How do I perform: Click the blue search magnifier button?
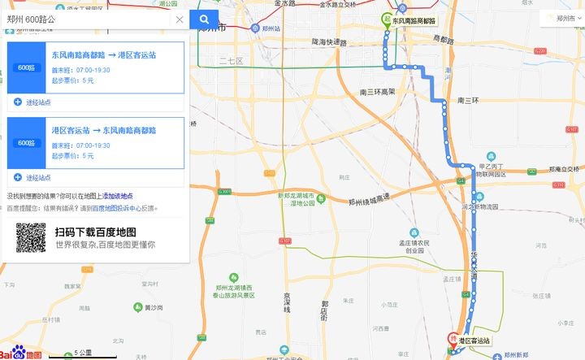[x=204, y=20]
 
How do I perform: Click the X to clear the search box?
[x=180, y=20]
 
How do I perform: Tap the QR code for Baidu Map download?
[x=31, y=236]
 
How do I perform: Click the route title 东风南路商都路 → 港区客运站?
[x=104, y=55]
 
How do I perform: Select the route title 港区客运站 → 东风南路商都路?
[x=104, y=130]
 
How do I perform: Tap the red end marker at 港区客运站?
[x=453, y=339]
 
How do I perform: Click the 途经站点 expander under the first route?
[x=32, y=102]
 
